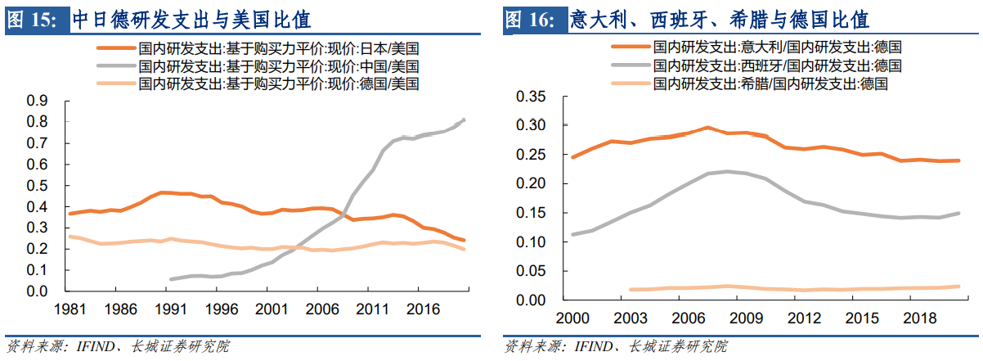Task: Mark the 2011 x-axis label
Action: click(x=372, y=310)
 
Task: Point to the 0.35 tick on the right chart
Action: click(x=531, y=97)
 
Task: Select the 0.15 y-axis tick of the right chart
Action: click(x=531, y=213)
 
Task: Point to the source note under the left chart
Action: click(x=118, y=345)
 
